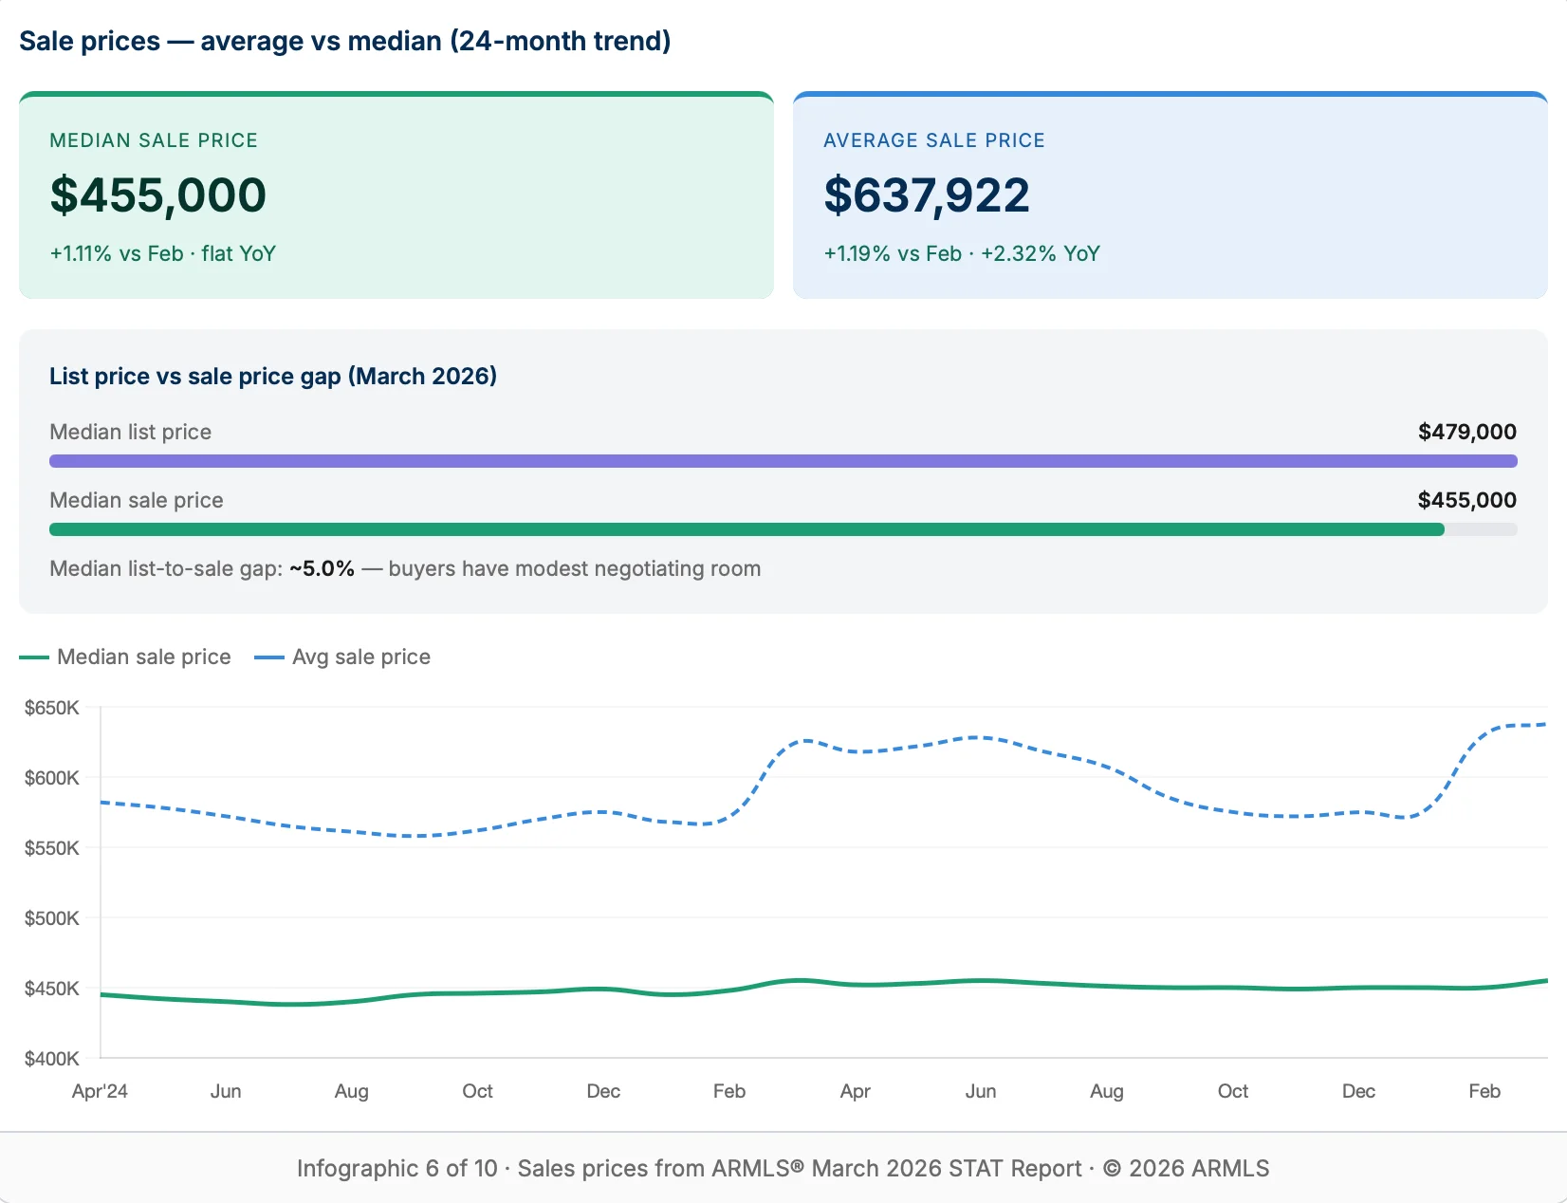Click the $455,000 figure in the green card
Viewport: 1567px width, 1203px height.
tap(157, 195)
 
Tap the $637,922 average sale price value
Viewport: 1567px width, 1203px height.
tap(926, 195)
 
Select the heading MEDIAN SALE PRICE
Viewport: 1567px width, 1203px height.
tap(154, 140)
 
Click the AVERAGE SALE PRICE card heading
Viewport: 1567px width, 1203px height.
tap(933, 140)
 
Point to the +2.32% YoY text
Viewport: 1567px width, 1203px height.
tap(1040, 253)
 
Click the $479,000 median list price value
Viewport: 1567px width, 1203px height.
tap(1466, 432)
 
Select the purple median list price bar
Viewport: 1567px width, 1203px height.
tap(783, 461)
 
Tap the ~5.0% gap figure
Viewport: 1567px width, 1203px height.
tap(322, 568)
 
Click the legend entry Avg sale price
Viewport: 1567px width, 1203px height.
tap(360, 657)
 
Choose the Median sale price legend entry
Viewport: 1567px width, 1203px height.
tap(143, 657)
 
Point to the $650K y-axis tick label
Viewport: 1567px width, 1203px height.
tap(52, 708)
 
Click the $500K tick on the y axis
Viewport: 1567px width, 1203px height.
tap(52, 918)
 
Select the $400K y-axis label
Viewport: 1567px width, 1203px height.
tap(52, 1059)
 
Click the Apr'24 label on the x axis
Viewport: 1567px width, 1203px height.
tap(100, 1091)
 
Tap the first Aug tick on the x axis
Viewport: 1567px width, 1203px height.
tap(351, 1091)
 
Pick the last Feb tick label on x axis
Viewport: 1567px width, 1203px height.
tap(1484, 1091)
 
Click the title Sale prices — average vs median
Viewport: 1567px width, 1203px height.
tap(344, 41)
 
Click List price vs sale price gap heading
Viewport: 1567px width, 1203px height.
tap(273, 376)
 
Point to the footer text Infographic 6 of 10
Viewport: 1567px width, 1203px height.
tap(396, 1168)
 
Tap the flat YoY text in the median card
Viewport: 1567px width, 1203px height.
tap(238, 253)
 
